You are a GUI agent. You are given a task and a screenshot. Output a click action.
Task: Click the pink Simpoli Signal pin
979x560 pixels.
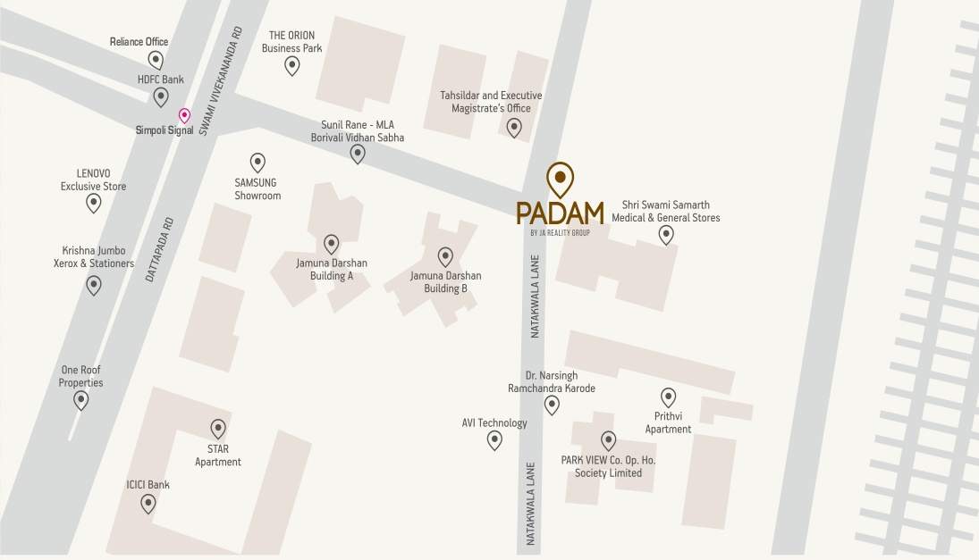(x=184, y=115)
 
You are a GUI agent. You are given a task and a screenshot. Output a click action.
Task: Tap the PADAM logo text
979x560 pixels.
(x=560, y=213)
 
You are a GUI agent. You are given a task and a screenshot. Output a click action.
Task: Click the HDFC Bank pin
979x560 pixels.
(x=161, y=96)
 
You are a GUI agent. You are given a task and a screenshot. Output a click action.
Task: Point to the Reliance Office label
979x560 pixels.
(x=139, y=42)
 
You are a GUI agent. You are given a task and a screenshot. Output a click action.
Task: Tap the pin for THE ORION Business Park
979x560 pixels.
(x=291, y=65)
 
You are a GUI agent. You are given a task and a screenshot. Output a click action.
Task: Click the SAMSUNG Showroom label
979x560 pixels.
(x=257, y=188)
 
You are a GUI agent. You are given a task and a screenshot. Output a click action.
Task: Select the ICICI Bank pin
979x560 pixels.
(x=148, y=504)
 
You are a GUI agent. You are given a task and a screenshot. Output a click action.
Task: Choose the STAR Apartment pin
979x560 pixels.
(x=218, y=429)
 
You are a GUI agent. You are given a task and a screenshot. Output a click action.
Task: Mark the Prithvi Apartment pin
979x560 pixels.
(x=668, y=397)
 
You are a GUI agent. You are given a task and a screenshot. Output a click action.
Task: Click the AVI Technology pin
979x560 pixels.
(x=494, y=440)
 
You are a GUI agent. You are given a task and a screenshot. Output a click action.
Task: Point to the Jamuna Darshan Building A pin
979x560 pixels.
(x=332, y=244)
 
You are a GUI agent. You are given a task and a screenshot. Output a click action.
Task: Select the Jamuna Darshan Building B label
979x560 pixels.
(x=445, y=282)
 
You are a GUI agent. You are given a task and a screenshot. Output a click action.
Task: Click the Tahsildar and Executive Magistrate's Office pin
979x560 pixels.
(x=514, y=127)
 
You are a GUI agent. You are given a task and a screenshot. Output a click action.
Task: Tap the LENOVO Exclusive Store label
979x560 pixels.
(x=93, y=180)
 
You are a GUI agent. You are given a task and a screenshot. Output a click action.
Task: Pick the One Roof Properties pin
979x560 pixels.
(x=81, y=400)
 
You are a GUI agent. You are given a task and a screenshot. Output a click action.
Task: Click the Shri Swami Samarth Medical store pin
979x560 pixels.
(x=666, y=235)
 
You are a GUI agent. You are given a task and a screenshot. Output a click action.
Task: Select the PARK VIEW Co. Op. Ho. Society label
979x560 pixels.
(x=608, y=466)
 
